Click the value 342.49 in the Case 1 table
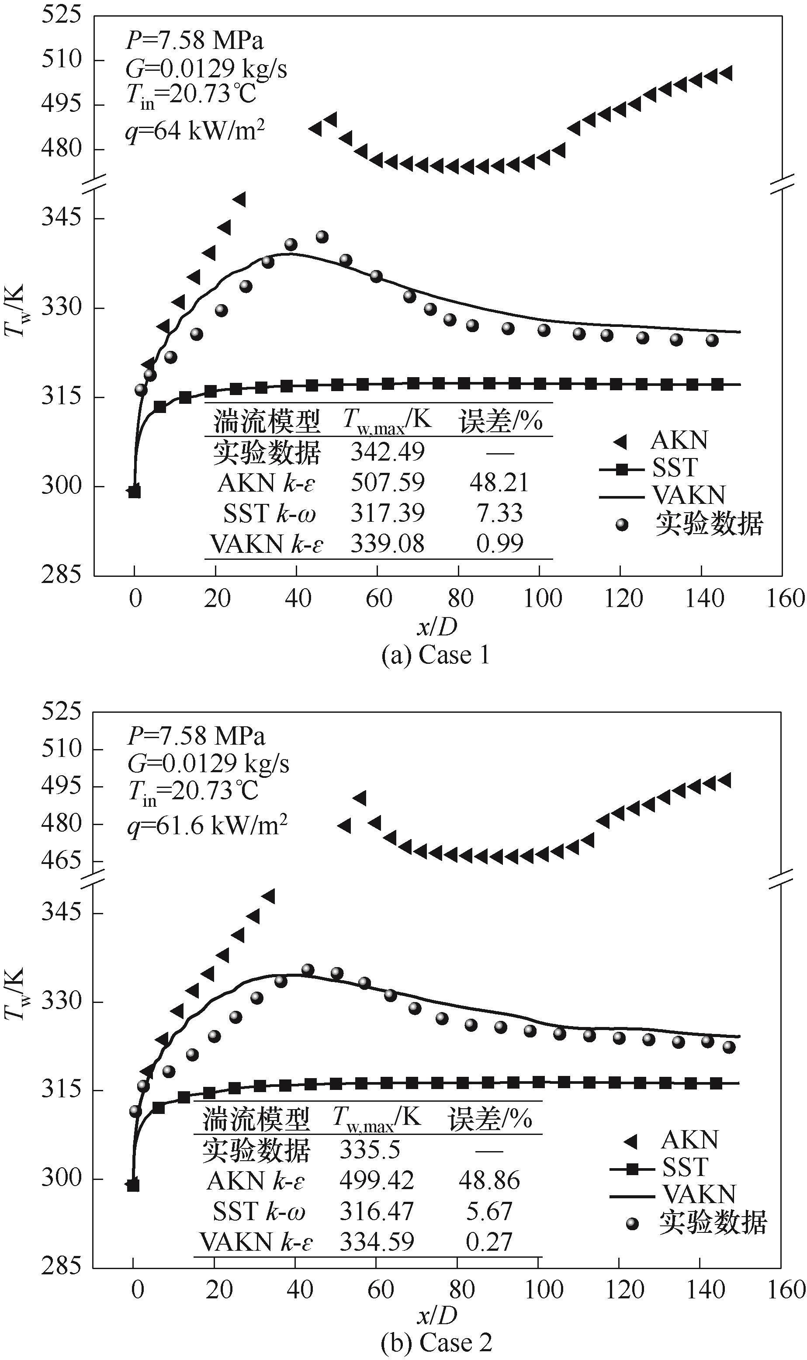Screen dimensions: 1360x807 [387, 452]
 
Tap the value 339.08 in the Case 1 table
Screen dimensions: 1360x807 [387, 543]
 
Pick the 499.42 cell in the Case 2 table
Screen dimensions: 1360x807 [376, 1180]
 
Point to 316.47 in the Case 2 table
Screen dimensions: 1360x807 [376, 1211]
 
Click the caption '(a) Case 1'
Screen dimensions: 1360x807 [436, 655]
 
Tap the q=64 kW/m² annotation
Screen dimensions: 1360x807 [195, 131]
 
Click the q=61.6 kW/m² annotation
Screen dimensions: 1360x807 [207, 826]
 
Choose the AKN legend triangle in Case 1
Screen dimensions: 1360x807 [620, 441]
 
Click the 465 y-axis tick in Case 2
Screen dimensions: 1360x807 [62, 860]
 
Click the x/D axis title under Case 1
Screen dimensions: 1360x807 [436, 627]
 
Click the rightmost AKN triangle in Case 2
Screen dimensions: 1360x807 [724, 781]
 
